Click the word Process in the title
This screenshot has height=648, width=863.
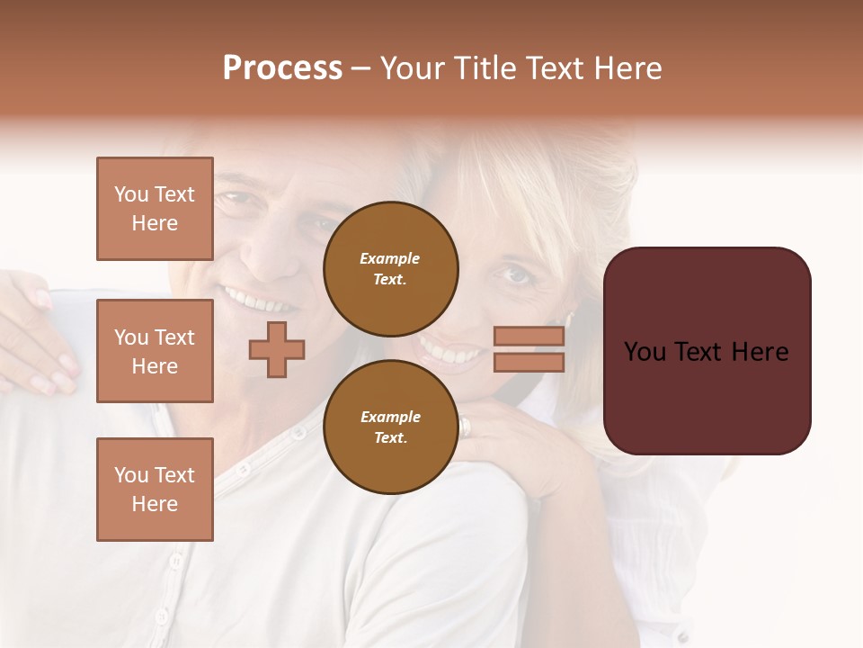point(282,68)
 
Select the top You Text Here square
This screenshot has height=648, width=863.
point(155,209)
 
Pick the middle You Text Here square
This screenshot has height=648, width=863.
point(155,351)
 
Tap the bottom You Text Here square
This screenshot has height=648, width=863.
point(155,489)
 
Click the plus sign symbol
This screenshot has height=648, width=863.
point(277,349)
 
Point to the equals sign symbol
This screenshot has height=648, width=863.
point(529,349)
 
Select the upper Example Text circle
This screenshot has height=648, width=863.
point(391,268)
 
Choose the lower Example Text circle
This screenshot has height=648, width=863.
point(391,427)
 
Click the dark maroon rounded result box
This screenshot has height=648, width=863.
point(707,351)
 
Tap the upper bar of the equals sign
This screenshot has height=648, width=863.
point(529,336)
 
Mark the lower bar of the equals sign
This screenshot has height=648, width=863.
point(529,362)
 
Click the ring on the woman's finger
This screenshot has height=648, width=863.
point(465,426)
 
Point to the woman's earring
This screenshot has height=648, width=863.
point(569,319)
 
